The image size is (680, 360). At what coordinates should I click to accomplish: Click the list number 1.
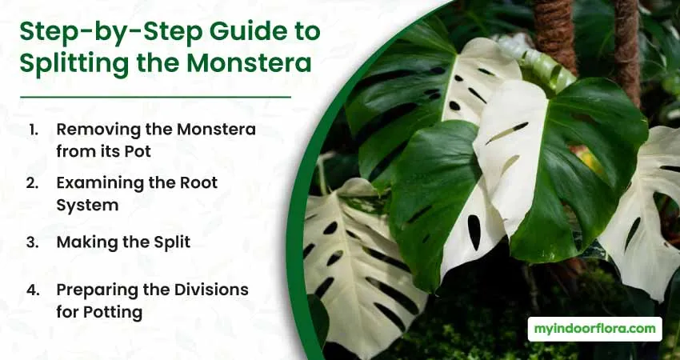click(34, 130)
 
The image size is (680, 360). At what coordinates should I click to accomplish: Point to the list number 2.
click(33, 183)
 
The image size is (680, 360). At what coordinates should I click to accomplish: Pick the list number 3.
click(33, 242)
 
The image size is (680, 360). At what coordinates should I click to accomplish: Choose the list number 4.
click(33, 290)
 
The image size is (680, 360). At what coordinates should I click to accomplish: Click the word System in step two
click(87, 205)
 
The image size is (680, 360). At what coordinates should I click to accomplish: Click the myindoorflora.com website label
click(594, 329)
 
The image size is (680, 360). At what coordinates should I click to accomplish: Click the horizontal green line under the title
click(156, 97)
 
